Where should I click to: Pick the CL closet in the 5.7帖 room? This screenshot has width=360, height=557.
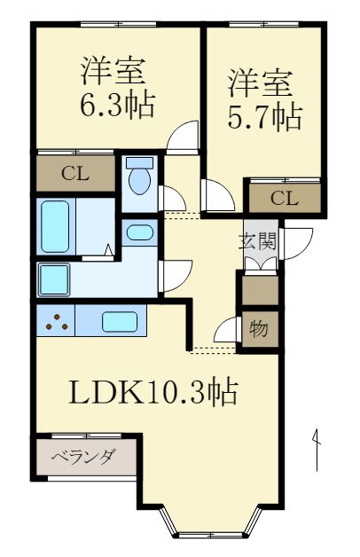[x=285, y=198]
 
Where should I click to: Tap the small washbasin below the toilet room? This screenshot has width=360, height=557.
[x=139, y=234]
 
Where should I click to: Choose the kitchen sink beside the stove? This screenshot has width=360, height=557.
[x=119, y=321]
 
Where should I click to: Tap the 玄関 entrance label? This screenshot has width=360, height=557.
[x=259, y=239]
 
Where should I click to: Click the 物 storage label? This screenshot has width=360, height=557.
[x=259, y=329]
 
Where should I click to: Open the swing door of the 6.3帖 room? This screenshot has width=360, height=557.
[x=184, y=136]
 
